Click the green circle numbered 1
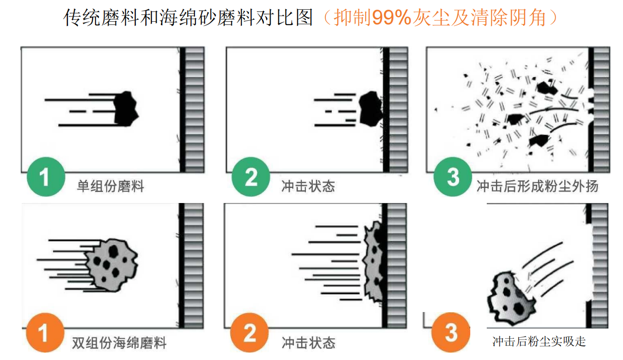46,177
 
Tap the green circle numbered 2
251,177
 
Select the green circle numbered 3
453,177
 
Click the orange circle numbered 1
45,333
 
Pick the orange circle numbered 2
250,333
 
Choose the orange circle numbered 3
451,332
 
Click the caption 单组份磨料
111,186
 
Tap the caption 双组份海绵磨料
119,343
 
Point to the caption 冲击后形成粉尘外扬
537,186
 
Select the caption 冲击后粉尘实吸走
539,342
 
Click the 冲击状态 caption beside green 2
308,186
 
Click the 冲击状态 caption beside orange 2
309,343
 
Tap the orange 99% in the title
392,17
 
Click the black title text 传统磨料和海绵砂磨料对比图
188,17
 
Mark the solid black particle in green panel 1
126,109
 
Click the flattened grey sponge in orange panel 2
373,261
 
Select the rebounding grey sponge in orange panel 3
511,298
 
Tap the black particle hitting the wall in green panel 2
371,109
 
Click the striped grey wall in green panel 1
194,110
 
